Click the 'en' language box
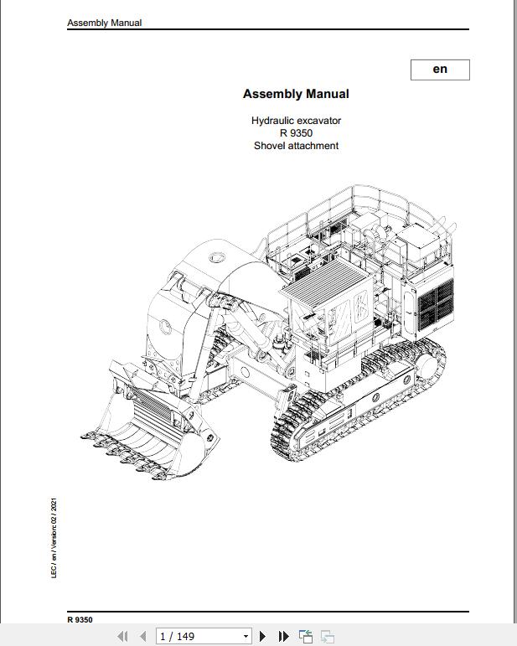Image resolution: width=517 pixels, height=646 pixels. pyautogui.click(x=440, y=70)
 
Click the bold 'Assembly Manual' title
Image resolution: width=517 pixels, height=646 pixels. pyautogui.click(x=296, y=94)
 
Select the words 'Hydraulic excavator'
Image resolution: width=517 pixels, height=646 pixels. pyautogui.click(x=296, y=121)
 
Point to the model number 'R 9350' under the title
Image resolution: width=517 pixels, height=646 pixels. pyautogui.click(x=297, y=133)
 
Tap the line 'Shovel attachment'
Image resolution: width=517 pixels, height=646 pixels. pyautogui.click(x=296, y=146)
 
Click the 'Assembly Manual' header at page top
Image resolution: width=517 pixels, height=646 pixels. pyautogui.click(x=105, y=23)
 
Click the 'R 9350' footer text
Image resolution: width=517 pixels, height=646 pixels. pyautogui.click(x=80, y=620)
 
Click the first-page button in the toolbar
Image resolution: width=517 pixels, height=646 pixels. pyautogui.click(x=122, y=637)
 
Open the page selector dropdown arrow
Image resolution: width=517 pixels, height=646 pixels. pyautogui.click(x=245, y=637)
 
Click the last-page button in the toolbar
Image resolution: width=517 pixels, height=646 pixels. pyautogui.click(x=283, y=637)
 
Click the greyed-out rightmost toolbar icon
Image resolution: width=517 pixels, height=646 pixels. pyautogui.click(x=328, y=637)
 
